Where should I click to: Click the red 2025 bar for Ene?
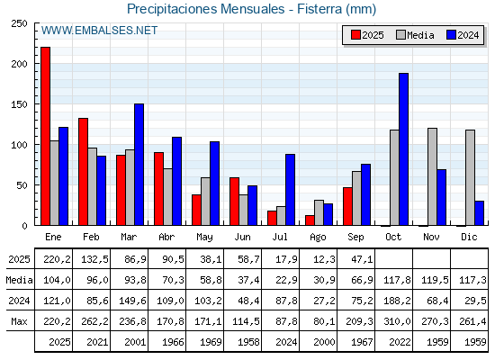(46, 136)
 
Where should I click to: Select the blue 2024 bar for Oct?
(404, 149)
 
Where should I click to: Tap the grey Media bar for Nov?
(432, 176)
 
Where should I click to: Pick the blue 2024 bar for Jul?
(290, 190)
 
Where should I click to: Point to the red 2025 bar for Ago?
(310, 220)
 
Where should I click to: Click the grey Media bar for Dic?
(470, 177)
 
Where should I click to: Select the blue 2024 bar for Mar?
(139, 165)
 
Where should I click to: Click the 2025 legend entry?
(367, 35)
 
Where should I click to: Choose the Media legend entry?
(415, 35)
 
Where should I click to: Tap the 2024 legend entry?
(463, 35)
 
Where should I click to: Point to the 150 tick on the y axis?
(19, 104)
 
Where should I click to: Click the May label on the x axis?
(204, 238)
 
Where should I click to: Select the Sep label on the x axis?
(355, 237)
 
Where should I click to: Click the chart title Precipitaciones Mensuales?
(206, 9)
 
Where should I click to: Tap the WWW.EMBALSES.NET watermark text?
(99, 31)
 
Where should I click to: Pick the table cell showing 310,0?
(397, 321)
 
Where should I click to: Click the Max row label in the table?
(19, 321)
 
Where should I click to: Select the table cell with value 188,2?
(397, 301)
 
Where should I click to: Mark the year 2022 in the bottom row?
(400, 342)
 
